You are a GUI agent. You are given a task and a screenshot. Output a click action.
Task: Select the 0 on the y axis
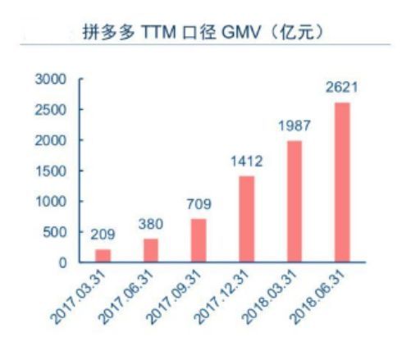pyautogui.click(x=62, y=262)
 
